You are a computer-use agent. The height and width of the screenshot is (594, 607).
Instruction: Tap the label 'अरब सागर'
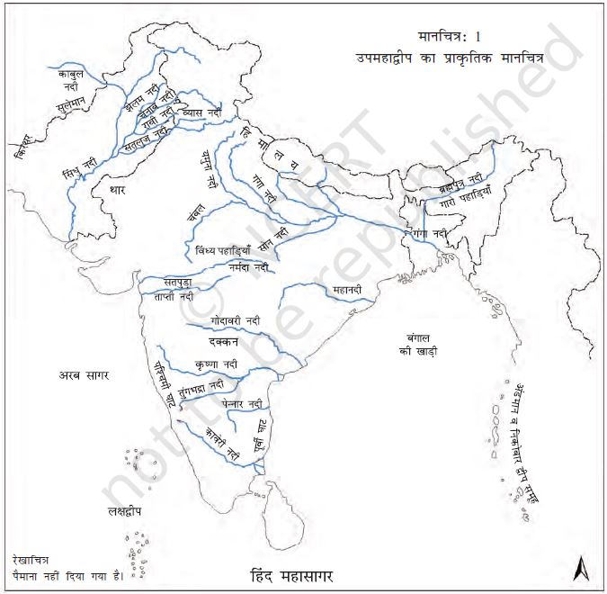click(x=84, y=374)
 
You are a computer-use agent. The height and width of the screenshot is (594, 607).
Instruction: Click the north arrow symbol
click(x=580, y=568)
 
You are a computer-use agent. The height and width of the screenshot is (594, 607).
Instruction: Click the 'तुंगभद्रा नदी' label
click(x=201, y=386)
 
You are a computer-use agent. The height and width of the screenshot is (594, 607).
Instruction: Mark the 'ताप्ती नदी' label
click(x=171, y=296)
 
